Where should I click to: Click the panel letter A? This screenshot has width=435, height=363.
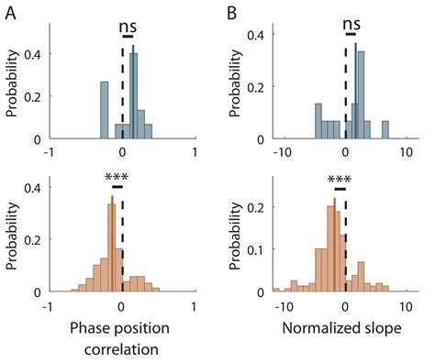(x=13, y=12)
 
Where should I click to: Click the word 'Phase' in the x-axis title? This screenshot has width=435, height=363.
(x=89, y=324)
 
